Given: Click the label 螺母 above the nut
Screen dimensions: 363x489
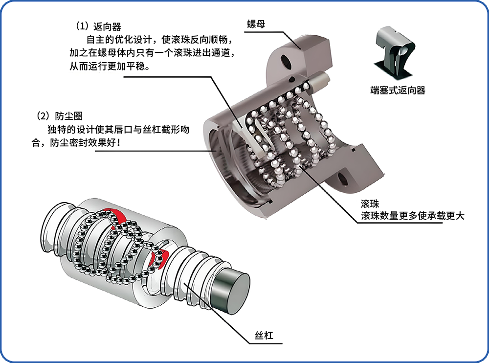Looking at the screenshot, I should (x=256, y=24).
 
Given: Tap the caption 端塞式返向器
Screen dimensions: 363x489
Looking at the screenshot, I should (x=398, y=90).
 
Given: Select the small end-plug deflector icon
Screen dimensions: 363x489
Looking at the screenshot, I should (x=397, y=52).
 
